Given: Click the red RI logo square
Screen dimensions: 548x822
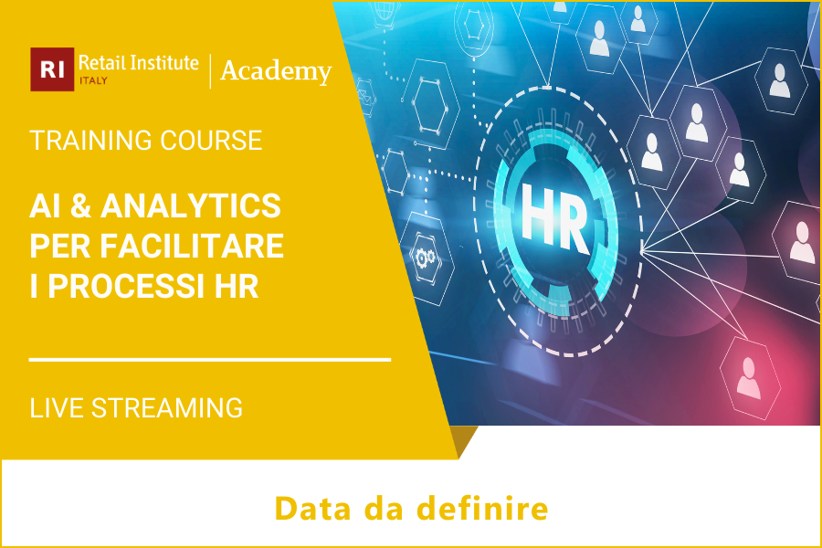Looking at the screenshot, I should [52, 69].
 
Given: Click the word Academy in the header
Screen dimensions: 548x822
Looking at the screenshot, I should [276, 70].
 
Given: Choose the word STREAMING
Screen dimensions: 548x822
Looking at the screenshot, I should [167, 407].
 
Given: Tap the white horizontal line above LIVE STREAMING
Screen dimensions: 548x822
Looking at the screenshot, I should [210, 360].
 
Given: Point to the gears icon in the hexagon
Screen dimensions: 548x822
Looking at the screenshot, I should [425, 258].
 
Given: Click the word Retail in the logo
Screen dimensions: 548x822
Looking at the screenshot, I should [100, 63].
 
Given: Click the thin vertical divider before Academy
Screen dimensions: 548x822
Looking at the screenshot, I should [211, 71].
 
